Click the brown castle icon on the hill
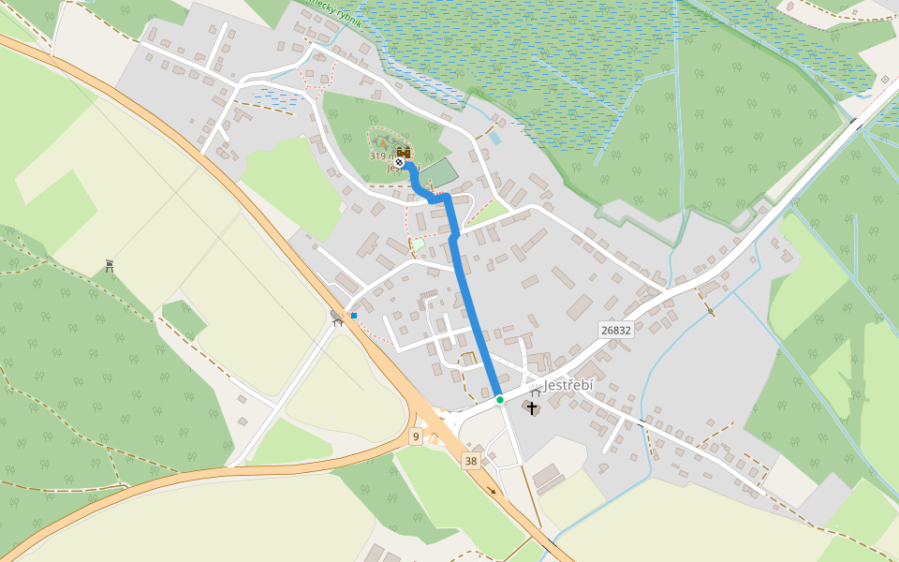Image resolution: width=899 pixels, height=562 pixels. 404,152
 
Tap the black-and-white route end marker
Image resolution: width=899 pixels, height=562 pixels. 400,162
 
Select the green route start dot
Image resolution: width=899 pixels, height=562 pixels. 500,400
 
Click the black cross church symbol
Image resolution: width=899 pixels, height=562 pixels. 533,407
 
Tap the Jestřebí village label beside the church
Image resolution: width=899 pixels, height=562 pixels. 567,385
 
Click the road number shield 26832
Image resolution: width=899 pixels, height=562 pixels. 615,330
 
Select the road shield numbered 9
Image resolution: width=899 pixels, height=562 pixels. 415,436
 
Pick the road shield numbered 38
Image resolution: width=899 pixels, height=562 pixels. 470,460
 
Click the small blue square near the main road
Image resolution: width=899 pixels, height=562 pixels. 354,316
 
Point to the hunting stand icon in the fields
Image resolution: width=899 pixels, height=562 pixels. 110,266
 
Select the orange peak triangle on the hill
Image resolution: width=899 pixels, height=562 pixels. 382,142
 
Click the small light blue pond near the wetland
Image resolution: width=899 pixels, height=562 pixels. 494,138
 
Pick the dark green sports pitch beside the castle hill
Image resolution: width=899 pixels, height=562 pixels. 441,173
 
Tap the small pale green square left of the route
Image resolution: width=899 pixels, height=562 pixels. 419,244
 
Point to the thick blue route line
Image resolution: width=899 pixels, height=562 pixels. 473,309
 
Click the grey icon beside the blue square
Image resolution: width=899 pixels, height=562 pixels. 337,318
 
